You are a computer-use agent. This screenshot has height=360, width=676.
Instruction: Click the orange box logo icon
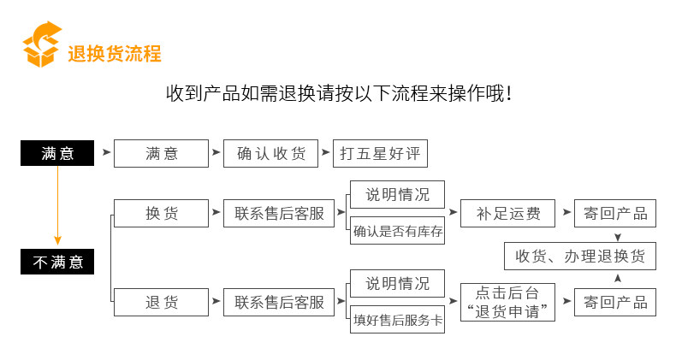(x=41, y=44)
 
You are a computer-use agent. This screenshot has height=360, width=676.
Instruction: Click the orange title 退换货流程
(x=115, y=54)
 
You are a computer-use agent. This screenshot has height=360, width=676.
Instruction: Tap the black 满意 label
(x=57, y=153)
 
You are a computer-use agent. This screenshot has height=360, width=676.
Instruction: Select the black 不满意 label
(x=57, y=262)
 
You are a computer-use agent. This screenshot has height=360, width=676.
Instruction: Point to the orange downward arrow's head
(x=57, y=240)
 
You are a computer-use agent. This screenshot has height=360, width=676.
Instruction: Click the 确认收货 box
(x=270, y=153)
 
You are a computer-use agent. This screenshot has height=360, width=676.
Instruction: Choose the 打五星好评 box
(x=380, y=153)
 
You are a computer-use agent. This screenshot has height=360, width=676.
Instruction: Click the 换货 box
(x=161, y=213)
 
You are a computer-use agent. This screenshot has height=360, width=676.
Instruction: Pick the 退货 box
(x=161, y=303)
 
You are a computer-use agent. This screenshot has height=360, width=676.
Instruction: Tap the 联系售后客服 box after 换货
(x=279, y=213)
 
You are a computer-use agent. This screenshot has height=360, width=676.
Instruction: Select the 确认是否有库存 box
(x=398, y=231)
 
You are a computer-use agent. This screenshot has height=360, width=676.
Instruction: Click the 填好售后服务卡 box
(x=398, y=320)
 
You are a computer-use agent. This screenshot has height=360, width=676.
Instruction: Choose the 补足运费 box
(x=508, y=213)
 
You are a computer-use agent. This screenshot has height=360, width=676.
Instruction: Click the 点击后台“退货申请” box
(x=508, y=303)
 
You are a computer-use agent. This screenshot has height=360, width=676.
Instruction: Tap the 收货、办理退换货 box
(x=580, y=257)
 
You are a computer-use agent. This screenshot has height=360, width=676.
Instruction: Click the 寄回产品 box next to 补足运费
(x=615, y=213)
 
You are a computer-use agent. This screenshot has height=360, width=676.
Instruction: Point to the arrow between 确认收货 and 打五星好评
(x=325, y=152)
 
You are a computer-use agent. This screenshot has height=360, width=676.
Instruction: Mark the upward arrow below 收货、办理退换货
(x=618, y=279)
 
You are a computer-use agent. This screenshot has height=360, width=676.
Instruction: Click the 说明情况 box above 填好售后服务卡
(x=398, y=283)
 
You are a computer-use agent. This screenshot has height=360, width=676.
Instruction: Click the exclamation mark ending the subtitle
(x=510, y=94)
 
